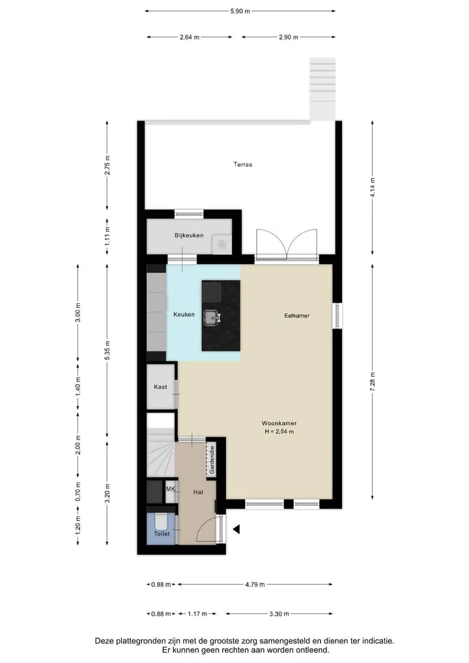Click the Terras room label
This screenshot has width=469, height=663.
point(242,164)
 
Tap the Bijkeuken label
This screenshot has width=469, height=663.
point(189,235)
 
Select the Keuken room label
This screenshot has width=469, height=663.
point(184,315)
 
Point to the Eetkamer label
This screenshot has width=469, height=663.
point(296,316)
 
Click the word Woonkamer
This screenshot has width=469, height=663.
point(279,423)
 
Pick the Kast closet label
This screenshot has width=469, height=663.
point(160,387)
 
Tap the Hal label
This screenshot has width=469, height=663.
point(198,492)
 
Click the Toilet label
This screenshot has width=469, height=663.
point(162,534)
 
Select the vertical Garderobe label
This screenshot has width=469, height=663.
point(212,459)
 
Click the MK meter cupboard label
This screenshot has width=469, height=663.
point(171,489)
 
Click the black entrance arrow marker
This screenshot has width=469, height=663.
point(236,529)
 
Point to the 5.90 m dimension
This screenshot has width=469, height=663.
point(240,12)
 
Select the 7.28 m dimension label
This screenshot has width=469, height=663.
point(373,382)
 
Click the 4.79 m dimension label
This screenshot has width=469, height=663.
point(255,585)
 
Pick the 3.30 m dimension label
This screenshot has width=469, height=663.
point(279,614)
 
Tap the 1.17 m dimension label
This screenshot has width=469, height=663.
point(197,614)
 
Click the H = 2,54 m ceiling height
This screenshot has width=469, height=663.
point(279,432)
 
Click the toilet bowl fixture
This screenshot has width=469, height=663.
point(161,522)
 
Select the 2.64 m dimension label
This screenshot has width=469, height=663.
point(190,37)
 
